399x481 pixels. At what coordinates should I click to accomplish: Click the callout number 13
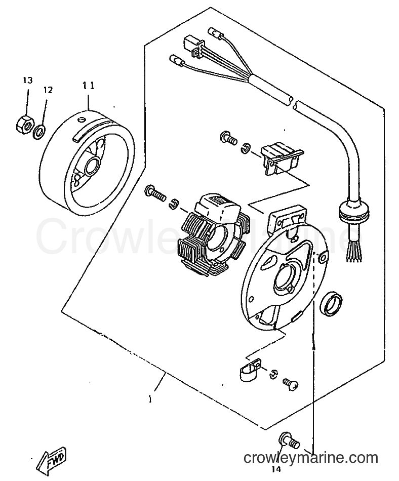tap(27, 81)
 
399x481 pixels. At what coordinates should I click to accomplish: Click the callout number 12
tap(48, 90)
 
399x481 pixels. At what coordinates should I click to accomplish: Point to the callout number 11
tap(88, 85)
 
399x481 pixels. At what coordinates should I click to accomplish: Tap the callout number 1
tap(150, 399)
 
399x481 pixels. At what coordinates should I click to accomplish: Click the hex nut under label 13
tap(24, 125)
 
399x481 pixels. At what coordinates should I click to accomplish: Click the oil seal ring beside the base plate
tap(331, 304)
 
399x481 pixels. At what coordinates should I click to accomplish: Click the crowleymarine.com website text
tap(311, 458)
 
